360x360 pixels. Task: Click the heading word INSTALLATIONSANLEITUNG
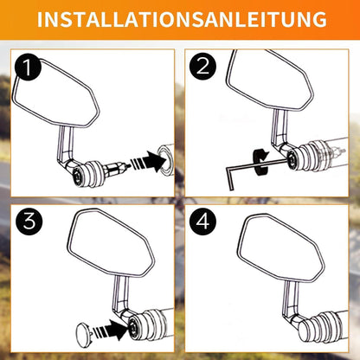tap(182, 19)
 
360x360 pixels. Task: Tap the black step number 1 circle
tap(28, 68)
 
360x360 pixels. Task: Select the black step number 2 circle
tap(202, 67)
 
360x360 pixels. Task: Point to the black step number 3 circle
tap(29, 222)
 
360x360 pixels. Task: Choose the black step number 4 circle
tap(203, 222)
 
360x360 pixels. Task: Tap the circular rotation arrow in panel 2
tap(260, 162)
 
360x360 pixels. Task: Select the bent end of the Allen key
tap(229, 179)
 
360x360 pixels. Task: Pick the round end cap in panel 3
tap(84, 332)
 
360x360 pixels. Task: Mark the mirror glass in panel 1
tap(55, 93)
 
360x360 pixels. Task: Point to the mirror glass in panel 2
tap(268, 80)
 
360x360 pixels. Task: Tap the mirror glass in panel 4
tap(280, 247)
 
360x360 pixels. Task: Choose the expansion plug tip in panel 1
tap(124, 167)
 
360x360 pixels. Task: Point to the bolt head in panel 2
tap(292, 157)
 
